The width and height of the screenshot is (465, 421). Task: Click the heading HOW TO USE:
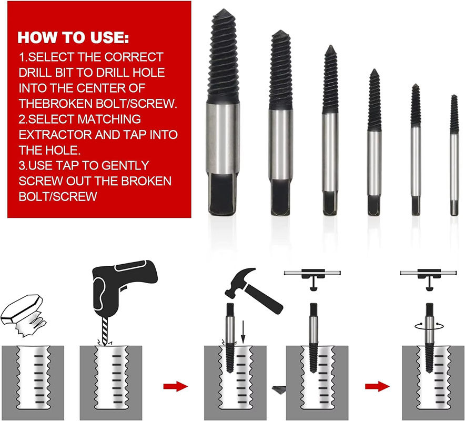click(73, 38)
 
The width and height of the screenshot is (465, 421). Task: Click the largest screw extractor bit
click(223, 112)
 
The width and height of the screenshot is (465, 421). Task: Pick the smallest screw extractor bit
click(454, 155)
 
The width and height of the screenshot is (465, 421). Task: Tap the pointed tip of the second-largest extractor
click(280, 31)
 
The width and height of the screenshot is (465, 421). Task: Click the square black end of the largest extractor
click(223, 194)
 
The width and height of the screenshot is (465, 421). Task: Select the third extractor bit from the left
click(330, 130)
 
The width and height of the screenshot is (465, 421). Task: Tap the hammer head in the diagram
click(240, 282)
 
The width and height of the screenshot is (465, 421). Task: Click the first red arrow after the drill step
click(176, 386)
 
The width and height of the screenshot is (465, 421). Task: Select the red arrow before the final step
click(377, 386)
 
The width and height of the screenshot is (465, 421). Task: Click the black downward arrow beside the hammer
click(243, 332)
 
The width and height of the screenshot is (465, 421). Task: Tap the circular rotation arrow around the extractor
click(429, 326)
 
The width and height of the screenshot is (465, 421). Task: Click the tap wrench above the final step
click(428, 278)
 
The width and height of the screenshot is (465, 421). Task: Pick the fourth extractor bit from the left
click(374, 143)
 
